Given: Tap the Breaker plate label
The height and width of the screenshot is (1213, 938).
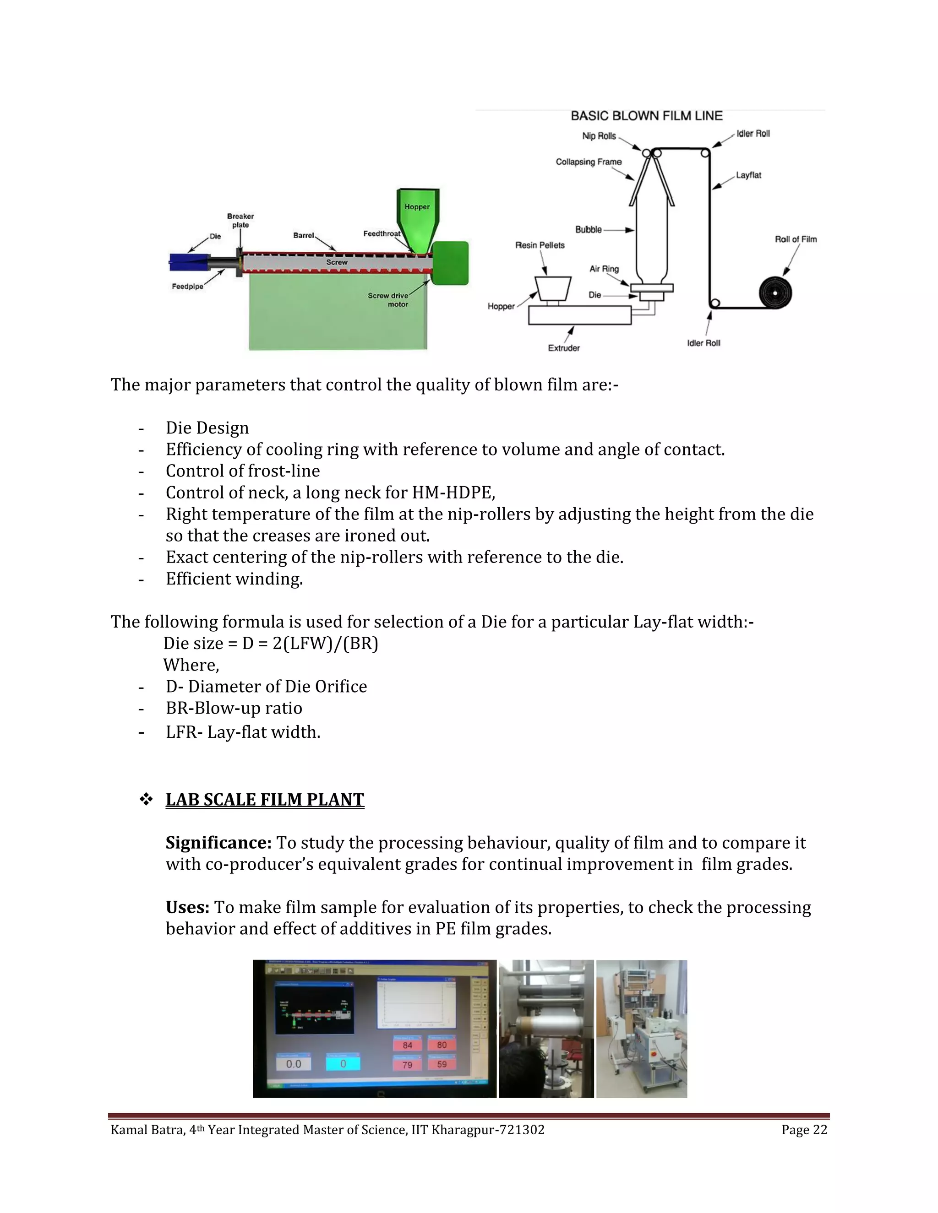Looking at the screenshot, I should coord(240,221).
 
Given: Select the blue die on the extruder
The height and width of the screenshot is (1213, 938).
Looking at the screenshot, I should coord(187,261).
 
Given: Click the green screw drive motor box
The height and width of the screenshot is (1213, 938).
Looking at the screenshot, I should coord(450,263).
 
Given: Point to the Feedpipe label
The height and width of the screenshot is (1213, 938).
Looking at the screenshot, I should coord(187,287).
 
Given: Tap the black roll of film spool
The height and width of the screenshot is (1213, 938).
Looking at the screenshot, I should coord(775,292).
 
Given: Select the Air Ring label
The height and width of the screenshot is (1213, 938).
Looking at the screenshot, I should coord(604,269).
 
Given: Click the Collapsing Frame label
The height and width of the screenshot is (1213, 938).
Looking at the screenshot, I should coord(589,162).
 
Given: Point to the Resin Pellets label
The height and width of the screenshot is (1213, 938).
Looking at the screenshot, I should coord(540,245).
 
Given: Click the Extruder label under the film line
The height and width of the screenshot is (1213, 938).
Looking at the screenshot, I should coord(563,348).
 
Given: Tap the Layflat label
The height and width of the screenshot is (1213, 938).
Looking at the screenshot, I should coord(748,175).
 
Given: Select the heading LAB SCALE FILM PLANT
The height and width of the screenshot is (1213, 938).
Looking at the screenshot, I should coord(265,800).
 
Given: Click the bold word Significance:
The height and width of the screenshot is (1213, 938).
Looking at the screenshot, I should coord(218,843).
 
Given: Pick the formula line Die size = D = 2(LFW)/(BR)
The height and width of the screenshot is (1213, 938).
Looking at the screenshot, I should coord(271,644).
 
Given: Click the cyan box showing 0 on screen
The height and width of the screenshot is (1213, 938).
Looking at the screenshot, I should coord(343,1064).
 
